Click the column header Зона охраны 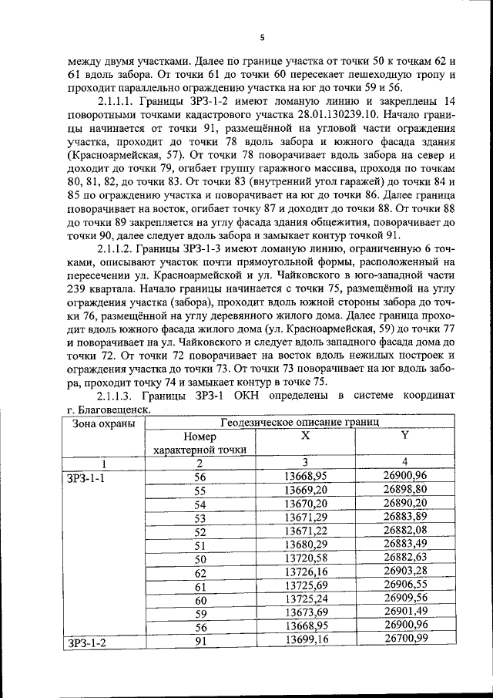click(x=104, y=423)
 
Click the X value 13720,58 click(x=306, y=558)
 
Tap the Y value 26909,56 click(x=404, y=599)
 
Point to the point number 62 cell click(x=200, y=572)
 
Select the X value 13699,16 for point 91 click(x=306, y=640)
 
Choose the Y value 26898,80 click(x=404, y=491)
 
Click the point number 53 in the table click(x=200, y=518)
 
